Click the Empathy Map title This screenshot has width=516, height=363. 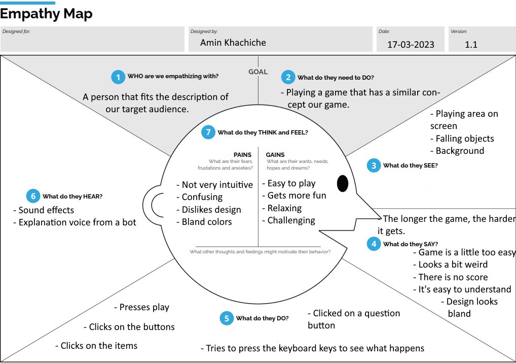point(46,14)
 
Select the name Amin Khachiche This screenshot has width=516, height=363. point(233,43)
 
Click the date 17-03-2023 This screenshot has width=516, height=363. point(411,44)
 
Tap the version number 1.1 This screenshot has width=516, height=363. point(471,44)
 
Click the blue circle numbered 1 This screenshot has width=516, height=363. point(118,77)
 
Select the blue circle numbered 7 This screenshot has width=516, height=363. point(208,133)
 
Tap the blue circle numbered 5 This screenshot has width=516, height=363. point(227,318)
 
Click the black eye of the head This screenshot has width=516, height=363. point(343,183)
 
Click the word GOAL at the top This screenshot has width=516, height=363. point(258,72)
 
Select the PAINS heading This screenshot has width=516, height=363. point(242,155)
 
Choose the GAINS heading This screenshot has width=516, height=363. point(275,155)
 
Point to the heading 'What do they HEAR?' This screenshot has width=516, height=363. point(72,196)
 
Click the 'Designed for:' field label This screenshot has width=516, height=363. point(16,31)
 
